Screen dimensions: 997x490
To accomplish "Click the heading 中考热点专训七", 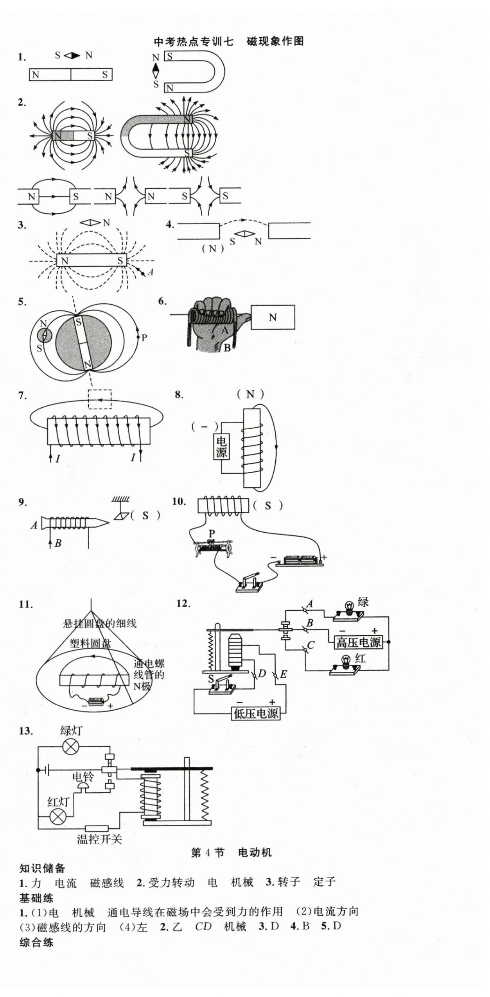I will (x=194, y=41).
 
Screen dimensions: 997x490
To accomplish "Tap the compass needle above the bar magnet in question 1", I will (x=72, y=55).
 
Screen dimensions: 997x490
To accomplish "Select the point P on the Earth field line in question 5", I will (x=138, y=337).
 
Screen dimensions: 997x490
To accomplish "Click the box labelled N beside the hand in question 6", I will (x=273, y=317).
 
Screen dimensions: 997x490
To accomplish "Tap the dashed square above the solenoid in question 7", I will (x=100, y=399).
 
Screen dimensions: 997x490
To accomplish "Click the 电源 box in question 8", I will (x=221, y=447).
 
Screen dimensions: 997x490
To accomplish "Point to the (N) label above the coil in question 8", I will (x=250, y=394).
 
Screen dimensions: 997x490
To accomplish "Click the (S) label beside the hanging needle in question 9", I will (x=145, y=515).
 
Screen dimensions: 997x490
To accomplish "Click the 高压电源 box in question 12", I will (x=358, y=642).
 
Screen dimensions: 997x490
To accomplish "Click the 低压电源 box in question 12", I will (x=256, y=713).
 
